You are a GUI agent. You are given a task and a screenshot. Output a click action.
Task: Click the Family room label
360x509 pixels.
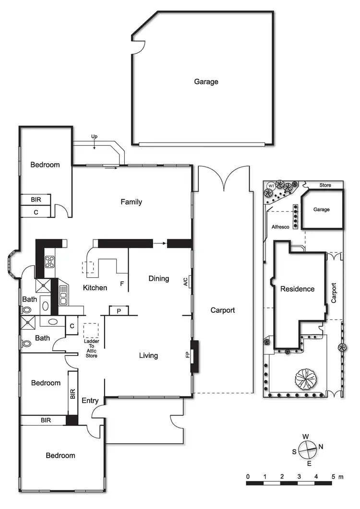[131, 202]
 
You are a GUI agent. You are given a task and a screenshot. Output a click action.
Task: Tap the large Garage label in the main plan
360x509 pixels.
[206, 82]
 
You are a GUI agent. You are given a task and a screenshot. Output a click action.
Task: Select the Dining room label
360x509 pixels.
[158, 278]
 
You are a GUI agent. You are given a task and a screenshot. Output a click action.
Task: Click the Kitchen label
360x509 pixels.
[95, 288]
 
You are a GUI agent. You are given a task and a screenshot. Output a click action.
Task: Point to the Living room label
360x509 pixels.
[148, 355]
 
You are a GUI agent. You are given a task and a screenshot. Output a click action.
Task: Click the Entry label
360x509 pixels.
[90, 401]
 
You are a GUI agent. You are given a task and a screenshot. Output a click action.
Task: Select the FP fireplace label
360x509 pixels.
[188, 355]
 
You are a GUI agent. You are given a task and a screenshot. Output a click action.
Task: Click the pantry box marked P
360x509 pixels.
[118, 311]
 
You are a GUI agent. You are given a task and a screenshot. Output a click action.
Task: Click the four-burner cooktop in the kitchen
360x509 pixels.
[50, 262]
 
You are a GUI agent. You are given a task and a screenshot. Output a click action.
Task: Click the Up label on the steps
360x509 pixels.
[94, 137]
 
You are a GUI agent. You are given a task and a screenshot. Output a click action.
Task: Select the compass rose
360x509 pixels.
[307, 450]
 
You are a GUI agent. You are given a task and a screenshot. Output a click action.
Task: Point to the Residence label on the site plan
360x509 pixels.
[297, 289]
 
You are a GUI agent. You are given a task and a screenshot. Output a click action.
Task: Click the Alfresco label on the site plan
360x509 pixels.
[280, 227]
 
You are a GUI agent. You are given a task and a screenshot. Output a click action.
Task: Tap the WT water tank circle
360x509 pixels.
[271, 186]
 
